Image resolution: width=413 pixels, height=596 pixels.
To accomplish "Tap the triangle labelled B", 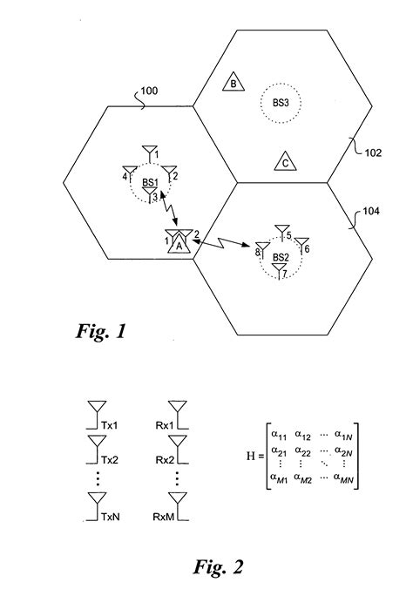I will click(x=233, y=83).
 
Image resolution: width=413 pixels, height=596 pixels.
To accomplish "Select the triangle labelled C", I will click(x=283, y=162).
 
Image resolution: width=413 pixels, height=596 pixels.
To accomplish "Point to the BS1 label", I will click(x=150, y=183).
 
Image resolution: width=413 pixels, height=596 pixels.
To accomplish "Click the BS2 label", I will click(x=280, y=257).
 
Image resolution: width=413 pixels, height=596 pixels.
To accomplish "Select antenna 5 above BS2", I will click(x=281, y=231).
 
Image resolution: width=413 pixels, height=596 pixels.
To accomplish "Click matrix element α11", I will click(x=280, y=434).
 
